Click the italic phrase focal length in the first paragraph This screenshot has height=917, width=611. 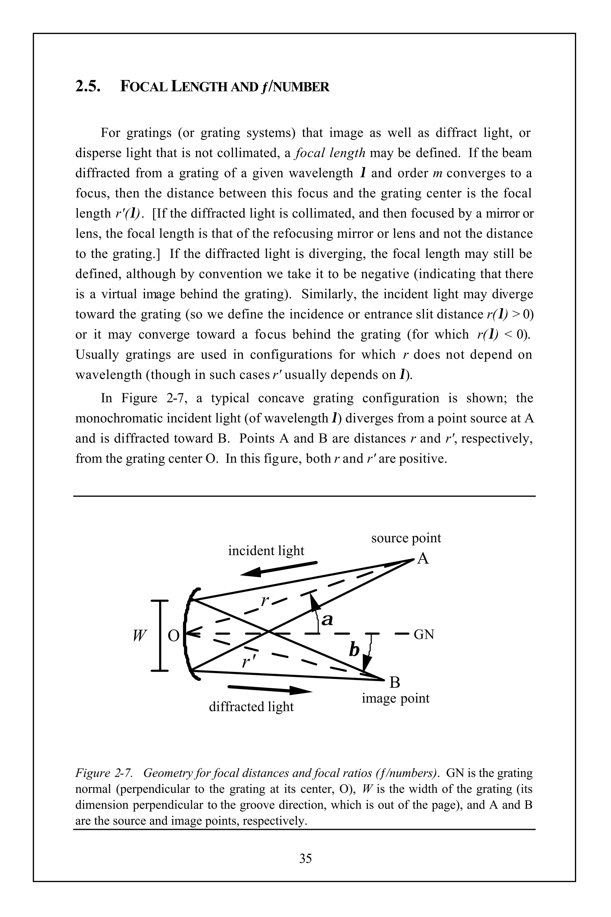click(330, 153)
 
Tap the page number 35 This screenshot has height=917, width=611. click(305, 858)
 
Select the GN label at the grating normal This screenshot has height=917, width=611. click(424, 635)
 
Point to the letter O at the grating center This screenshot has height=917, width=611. click(173, 636)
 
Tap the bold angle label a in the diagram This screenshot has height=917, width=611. click(327, 619)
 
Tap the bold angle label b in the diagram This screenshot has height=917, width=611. click(354, 650)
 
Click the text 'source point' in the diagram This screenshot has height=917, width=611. click(406, 538)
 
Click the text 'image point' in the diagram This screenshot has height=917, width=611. click(396, 698)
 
